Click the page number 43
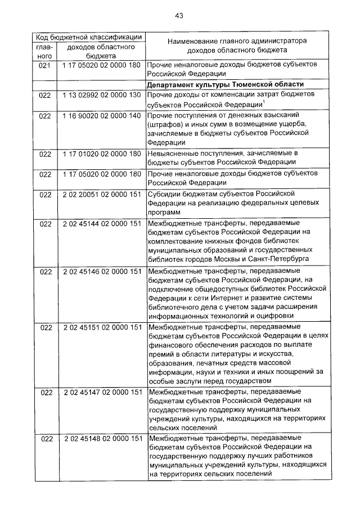tap(179, 15)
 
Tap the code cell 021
tap(45, 66)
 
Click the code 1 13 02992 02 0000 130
tap(102, 95)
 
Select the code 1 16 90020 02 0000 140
tap(102, 115)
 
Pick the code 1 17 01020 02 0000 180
tap(102, 153)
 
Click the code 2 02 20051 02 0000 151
tap(102, 195)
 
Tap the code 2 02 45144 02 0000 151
tap(102, 223)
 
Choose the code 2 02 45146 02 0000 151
tap(102, 272)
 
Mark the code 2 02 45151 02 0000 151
tap(102, 327)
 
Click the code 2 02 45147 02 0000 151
tap(102, 391)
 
